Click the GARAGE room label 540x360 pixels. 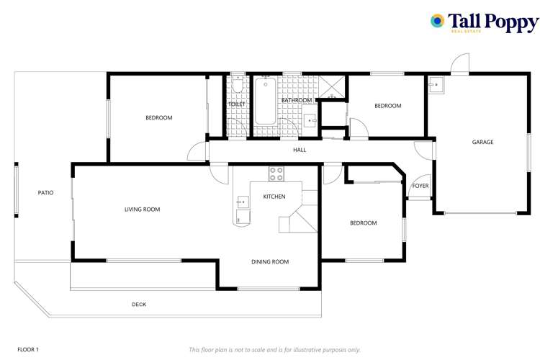pyautogui.click(x=482, y=142)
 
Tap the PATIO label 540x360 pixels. pyautogui.click(x=45, y=192)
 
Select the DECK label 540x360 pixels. pyautogui.click(x=139, y=304)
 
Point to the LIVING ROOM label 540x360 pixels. pyautogui.click(x=143, y=209)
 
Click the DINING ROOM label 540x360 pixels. pyautogui.click(x=270, y=262)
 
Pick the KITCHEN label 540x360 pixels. pyautogui.click(x=274, y=197)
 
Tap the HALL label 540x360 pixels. pyautogui.click(x=300, y=150)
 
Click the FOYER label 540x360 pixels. pyautogui.click(x=420, y=186)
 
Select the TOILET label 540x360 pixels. pyautogui.click(x=237, y=104)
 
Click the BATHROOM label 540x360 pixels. pyautogui.click(x=297, y=100)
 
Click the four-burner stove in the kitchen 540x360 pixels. pyautogui.click(x=276, y=174)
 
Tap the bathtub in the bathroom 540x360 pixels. pyautogui.click(x=265, y=101)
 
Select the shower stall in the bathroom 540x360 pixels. pyautogui.click(x=331, y=87)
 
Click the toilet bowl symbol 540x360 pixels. pyautogui.click(x=238, y=84)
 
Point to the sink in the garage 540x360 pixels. pyautogui.click(x=436, y=84)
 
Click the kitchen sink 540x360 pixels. pyautogui.click(x=243, y=202)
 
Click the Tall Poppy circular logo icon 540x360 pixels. pyautogui.click(x=437, y=21)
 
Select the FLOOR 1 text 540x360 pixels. pyautogui.click(x=28, y=349)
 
